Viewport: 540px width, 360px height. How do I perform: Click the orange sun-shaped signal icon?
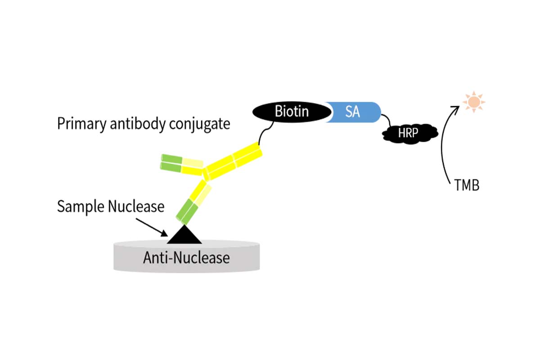pyautogui.click(x=474, y=102)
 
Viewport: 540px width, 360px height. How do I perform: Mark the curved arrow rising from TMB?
pyautogui.click(x=445, y=144)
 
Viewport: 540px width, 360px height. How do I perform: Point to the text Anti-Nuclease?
pyautogui.click(x=186, y=258)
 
